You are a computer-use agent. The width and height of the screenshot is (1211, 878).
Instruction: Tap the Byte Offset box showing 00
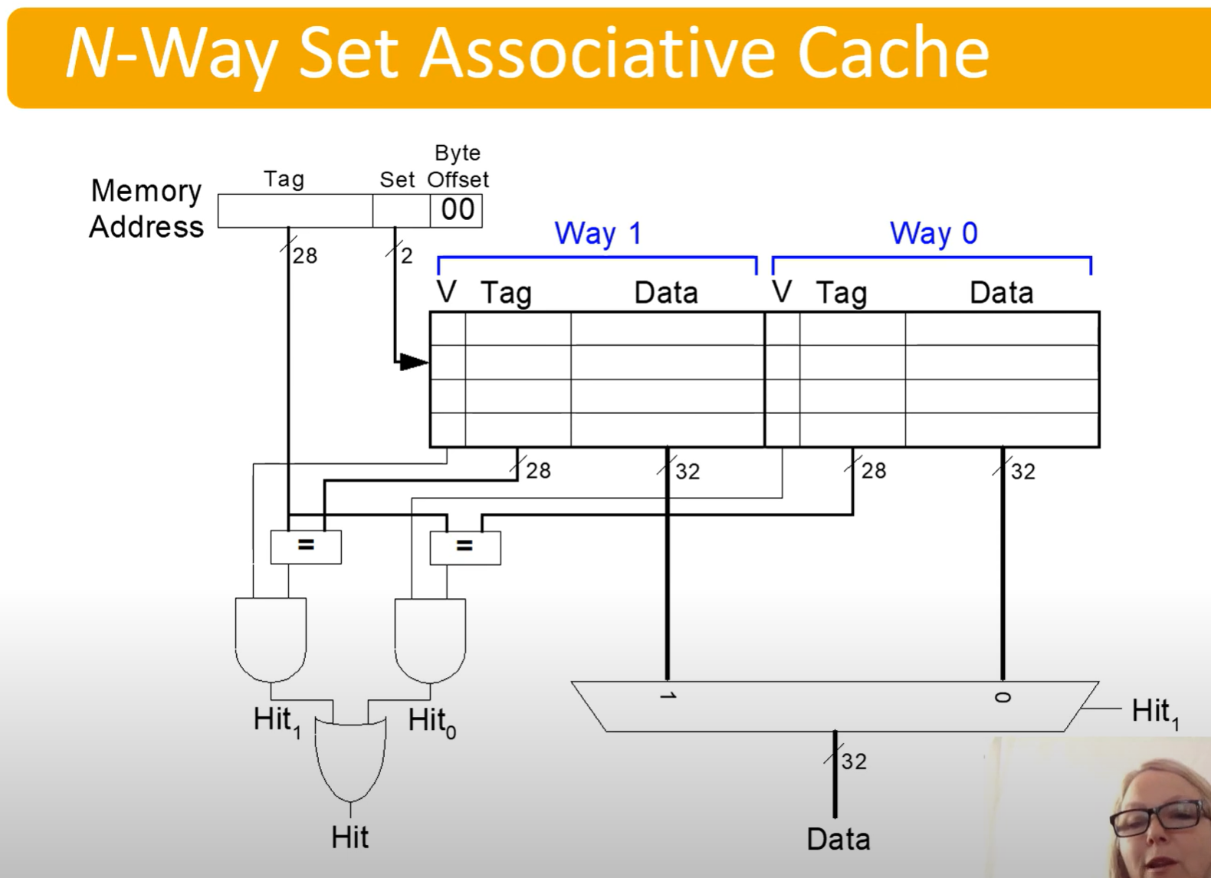pyautogui.click(x=457, y=210)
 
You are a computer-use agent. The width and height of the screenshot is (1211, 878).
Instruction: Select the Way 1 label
pyautogui.click(x=598, y=233)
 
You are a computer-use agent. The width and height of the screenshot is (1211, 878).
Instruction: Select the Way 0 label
pyautogui.click(x=934, y=233)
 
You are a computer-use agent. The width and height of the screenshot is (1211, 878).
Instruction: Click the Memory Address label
pyautogui.click(x=146, y=209)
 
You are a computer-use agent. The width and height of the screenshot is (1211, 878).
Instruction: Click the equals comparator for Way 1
pyautogui.click(x=306, y=547)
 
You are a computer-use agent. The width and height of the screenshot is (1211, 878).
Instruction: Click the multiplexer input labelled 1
pyautogui.click(x=668, y=695)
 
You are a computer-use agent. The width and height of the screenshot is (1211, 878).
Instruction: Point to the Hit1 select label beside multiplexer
pyautogui.click(x=1155, y=712)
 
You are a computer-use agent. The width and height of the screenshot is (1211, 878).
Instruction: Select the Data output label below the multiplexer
pyautogui.click(x=838, y=839)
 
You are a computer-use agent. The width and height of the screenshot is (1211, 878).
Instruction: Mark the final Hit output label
pyautogui.click(x=350, y=837)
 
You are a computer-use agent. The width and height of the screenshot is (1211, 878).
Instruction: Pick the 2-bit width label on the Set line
pyautogui.click(x=406, y=255)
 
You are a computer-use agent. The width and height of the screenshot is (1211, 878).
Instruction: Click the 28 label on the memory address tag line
pyautogui.click(x=304, y=256)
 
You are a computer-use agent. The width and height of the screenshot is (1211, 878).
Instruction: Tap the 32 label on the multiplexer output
pyautogui.click(x=854, y=761)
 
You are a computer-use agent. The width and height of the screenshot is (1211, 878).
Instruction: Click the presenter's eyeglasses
pyautogui.click(x=1157, y=819)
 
